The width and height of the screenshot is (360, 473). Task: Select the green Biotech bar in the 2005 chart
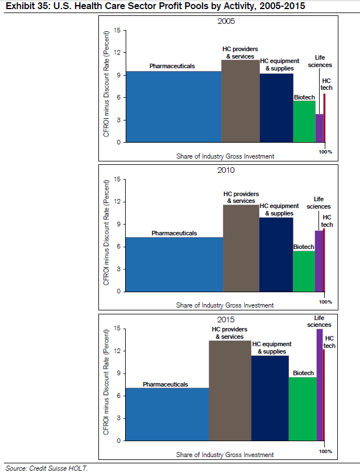304,121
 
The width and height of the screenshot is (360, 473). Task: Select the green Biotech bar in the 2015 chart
303,409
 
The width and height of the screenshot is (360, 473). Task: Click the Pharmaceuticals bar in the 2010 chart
174,264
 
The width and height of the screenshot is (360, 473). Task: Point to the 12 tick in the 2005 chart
117,52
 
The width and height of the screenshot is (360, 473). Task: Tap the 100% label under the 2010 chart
325,301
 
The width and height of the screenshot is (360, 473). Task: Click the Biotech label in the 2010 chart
303,247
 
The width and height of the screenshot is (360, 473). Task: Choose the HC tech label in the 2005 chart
326,84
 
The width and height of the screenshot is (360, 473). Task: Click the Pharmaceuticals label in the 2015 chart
165,384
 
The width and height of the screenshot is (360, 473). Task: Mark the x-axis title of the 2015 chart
225,455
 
